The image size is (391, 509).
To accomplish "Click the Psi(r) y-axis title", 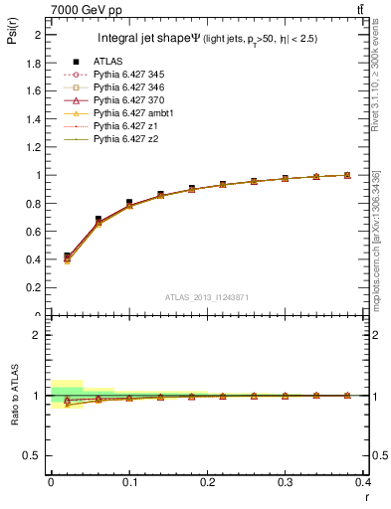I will point(11,37).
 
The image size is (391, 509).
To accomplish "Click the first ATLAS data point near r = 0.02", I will point(67,256).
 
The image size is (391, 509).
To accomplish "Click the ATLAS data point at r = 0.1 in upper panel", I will point(129,203).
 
